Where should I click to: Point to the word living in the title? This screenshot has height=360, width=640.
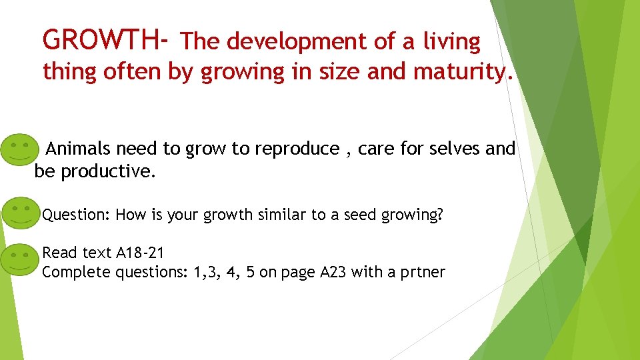click(x=451, y=43)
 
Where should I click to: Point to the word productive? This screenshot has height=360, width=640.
click(x=107, y=172)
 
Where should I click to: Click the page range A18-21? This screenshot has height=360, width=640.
click(x=140, y=253)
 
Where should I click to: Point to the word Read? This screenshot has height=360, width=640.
click(x=59, y=253)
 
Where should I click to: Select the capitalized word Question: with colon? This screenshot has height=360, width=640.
click(x=76, y=215)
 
